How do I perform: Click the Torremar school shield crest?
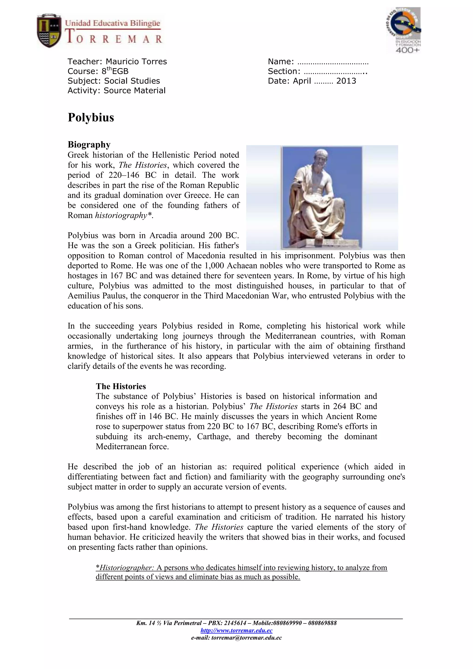[49, 30]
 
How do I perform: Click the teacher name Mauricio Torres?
[136, 62]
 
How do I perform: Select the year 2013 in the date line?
[346, 81]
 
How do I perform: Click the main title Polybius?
[91, 117]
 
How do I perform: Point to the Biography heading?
[89, 145]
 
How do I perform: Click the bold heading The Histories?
[121, 386]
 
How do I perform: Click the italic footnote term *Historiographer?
[125, 568]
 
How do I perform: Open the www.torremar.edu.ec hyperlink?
[236, 631]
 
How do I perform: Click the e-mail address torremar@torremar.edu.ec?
[246, 638]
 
